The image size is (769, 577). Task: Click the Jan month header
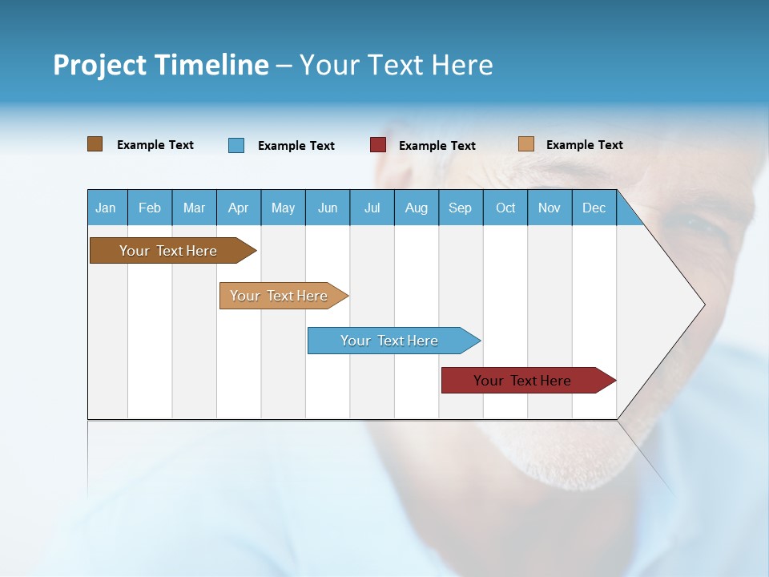[x=106, y=208]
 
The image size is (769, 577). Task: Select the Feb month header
[x=150, y=208]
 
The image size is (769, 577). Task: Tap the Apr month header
[x=238, y=208]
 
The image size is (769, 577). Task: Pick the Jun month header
[x=328, y=208]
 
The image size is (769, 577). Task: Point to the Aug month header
[x=416, y=208]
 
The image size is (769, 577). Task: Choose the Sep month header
[x=460, y=208]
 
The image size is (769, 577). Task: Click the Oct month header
[x=505, y=208]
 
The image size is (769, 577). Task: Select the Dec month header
[x=594, y=208]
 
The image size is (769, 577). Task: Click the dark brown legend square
[x=95, y=144]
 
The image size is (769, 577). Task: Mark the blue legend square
[x=236, y=145]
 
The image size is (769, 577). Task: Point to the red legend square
[x=378, y=145]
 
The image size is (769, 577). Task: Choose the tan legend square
[x=525, y=144]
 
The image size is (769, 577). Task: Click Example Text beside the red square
[x=437, y=146]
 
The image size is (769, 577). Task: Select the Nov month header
[x=550, y=208]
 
